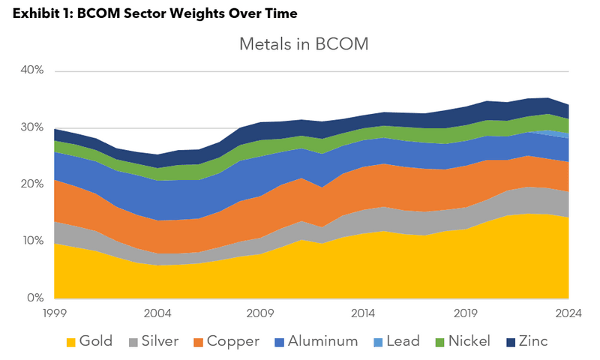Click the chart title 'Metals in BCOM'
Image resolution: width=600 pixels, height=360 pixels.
(x=304, y=44)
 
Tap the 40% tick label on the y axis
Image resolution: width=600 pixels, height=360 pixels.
(x=33, y=70)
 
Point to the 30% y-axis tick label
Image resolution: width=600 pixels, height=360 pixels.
(x=33, y=127)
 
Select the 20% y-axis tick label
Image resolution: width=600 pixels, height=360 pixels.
(x=33, y=184)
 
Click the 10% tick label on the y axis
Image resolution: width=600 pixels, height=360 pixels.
(x=33, y=241)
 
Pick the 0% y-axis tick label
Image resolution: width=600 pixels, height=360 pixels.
(x=37, y=298)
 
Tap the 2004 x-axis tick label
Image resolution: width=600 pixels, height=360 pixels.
(x=157, y=313)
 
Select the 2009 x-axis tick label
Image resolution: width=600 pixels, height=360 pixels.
(x=260, y=313)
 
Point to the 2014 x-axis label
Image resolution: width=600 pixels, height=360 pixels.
(x=364, y=313)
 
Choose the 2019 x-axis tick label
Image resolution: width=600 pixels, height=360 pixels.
(x=466, y=313)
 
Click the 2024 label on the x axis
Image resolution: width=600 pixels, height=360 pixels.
(x=568, y=313)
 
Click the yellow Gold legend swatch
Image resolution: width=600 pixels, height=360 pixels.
(x=71, y=342)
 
